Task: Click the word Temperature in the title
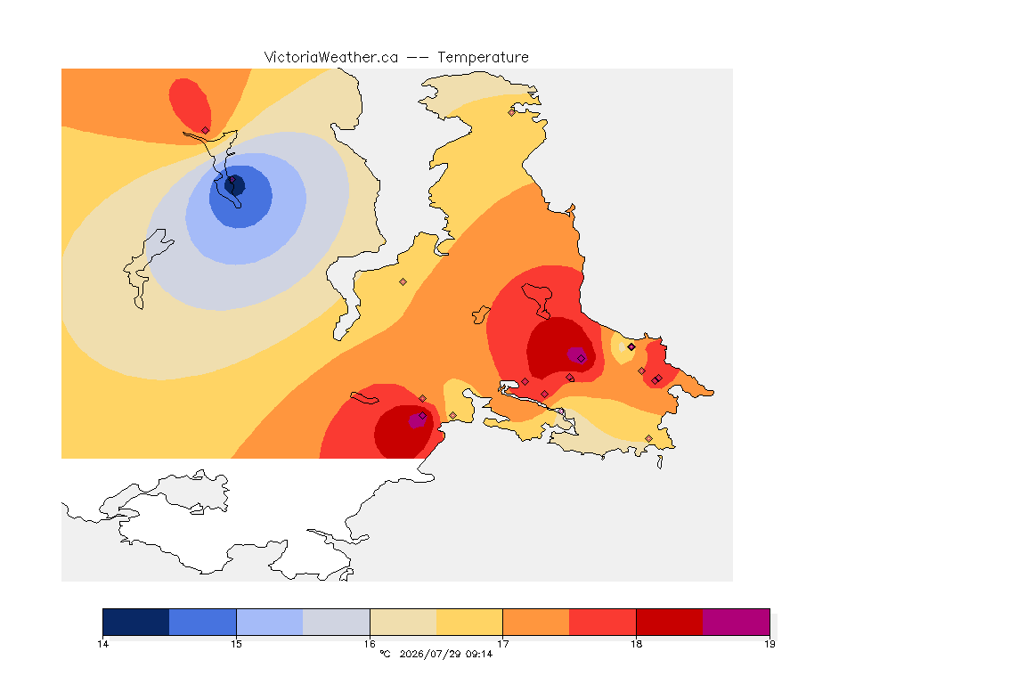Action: click(483, 58)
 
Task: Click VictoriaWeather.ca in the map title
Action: click(331, 58)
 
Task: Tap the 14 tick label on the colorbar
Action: click(102, 644)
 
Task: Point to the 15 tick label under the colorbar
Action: click(236, 644)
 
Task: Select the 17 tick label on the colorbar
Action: click(502, 644)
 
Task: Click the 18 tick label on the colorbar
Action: click(636, 644)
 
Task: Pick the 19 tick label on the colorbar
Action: click(769, 644)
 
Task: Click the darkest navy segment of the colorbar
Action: click(136, 622)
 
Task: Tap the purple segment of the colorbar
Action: click(737, 622)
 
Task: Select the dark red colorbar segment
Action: click(670, 622)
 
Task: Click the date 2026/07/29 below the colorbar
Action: click(429, 654)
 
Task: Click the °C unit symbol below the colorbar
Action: click(386, 654)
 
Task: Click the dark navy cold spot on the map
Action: click(235, 185)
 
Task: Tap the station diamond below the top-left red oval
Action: click(206, 131)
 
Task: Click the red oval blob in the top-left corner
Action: click(189, 105)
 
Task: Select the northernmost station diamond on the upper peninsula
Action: click(512, 112)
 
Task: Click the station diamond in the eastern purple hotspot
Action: click(581, 359)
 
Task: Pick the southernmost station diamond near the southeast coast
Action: click(648, 438)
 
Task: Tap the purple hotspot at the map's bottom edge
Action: click(417, 420)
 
